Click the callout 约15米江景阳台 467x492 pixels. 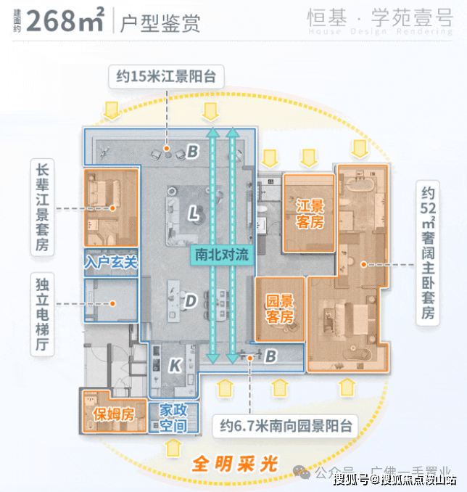167,75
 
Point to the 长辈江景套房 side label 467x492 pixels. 43,207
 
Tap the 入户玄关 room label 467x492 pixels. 111,260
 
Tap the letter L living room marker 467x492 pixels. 193,213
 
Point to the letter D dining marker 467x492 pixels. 191,300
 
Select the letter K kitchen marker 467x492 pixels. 175,366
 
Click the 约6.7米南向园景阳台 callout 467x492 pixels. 294,426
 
